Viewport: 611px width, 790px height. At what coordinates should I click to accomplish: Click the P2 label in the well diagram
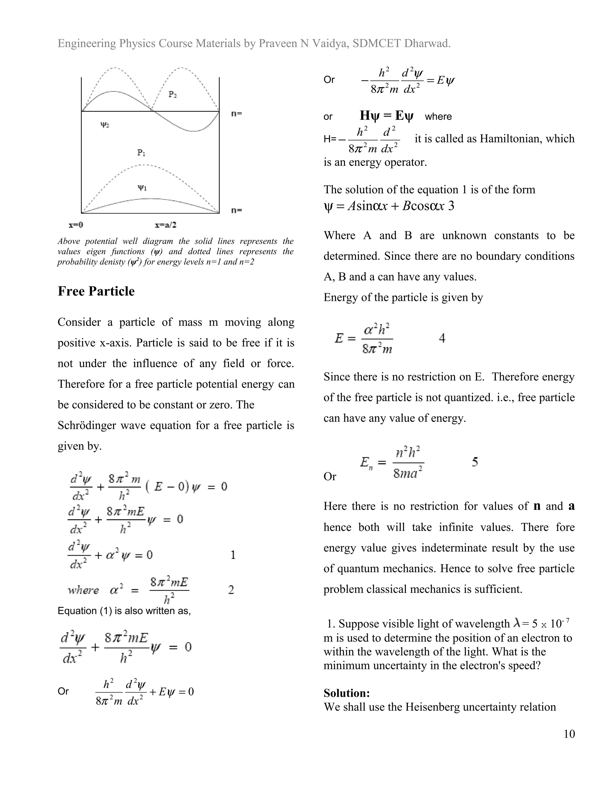[x=173, y=95]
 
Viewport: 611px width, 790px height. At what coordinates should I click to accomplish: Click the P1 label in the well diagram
[x=141, y=153]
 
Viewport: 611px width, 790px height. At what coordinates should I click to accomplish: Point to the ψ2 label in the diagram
[x=105, y=125]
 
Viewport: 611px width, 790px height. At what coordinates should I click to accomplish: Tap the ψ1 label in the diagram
[x=142, y=188]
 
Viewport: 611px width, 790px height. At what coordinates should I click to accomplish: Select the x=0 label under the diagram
[x=76, y=225]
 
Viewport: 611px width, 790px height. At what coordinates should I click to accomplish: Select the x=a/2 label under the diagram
[x=165, y=225]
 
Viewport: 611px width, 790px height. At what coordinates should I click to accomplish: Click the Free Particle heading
[x=96, y=291]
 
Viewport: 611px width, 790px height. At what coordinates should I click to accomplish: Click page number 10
[x=569, y=734]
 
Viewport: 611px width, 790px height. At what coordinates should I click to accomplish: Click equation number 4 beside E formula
[x=442, y=339]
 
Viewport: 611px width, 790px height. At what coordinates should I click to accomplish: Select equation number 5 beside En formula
[x=475, y=462]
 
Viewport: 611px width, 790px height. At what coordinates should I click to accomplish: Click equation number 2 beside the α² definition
[x=231, y=590]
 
